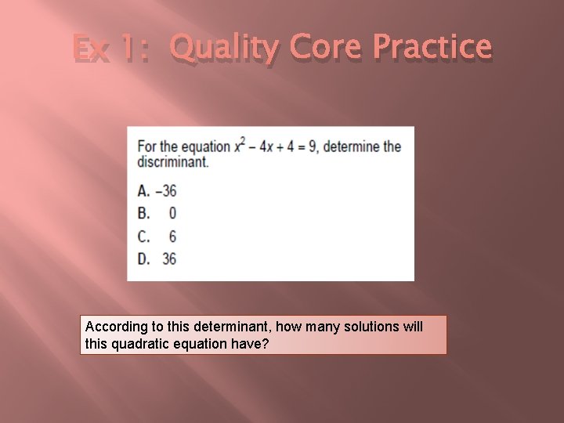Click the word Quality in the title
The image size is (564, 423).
tap(223, 49)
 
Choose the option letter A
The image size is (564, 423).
tap(144, 190)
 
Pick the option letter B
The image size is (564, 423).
tap(144, 213)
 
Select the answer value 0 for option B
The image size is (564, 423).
tap(172, 213)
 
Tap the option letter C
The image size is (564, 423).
tap(144, 236)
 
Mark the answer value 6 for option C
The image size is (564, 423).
tap(172, 236)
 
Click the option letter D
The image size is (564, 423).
tap(144, 258)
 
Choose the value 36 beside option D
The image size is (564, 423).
tap(169, 258)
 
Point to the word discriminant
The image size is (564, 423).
tap(173, 162)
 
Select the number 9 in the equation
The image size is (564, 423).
tap(312, 147)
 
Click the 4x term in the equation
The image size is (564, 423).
tap(265, 147)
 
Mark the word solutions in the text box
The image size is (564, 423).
tap(372, 327)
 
